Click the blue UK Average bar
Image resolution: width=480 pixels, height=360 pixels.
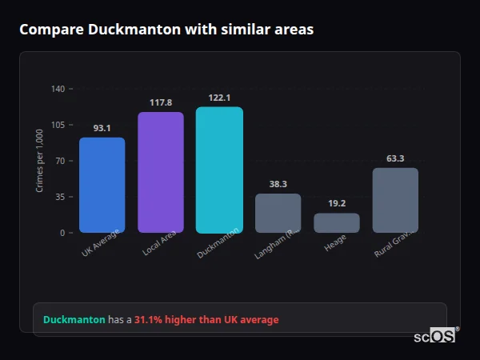click(102, 185)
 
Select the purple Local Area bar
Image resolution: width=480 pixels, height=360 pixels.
click(161, 172)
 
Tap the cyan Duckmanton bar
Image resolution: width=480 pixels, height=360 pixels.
click(219, 170)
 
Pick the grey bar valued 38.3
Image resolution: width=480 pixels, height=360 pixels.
click(278, 213)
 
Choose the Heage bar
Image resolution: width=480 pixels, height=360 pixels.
click(336, 222)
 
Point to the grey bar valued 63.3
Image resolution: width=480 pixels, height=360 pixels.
click(395, 200)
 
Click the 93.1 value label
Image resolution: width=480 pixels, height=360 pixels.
click(102, 128)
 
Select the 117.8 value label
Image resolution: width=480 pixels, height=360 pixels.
click(161, 102)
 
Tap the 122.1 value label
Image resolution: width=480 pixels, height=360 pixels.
click(219, 98)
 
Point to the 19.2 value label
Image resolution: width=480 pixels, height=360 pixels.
click(336, 203)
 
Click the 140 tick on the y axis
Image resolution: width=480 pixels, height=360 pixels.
click(58, 89)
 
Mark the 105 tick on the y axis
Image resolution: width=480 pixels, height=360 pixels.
click(58, 125)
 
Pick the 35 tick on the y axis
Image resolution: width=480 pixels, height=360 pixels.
click(60, 197)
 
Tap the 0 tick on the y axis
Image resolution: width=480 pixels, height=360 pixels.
click(62, 233)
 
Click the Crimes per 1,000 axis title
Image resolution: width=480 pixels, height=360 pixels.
click(40, 160)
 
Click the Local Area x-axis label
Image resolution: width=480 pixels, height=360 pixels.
click(160, 244)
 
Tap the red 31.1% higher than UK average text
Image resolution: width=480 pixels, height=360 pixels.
click(206, 320)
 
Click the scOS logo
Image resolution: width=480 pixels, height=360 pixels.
click(435, 336)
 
